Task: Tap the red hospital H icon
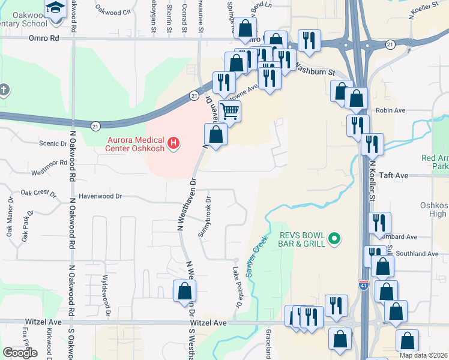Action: click(173, 143)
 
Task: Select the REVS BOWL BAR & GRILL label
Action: click(302, 239)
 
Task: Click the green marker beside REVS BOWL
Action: click(336, 240)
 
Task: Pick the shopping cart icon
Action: click(230, 110)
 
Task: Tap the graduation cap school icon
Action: click(55, 8)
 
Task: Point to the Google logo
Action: click(20, 353)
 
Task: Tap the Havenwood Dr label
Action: click(100, 196)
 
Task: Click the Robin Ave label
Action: click(391, 110)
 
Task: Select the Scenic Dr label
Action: click(52, 143)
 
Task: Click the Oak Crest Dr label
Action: click(38, 193)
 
